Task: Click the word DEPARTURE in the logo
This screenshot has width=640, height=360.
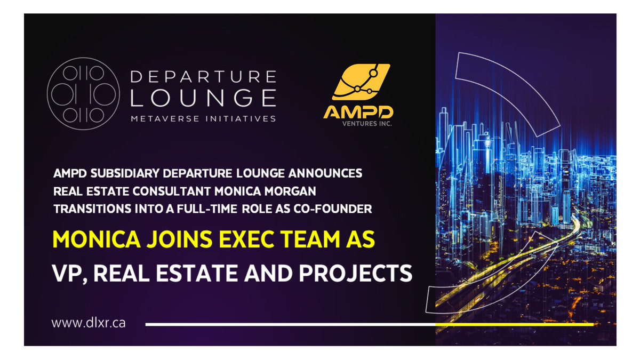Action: [203, 76]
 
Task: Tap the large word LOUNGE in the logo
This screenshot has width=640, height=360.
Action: [203, 98]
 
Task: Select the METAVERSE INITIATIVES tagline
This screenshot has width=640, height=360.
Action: [203, 118]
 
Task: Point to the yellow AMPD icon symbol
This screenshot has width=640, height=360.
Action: [361, 83]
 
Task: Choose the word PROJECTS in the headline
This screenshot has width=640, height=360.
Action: [361, 273]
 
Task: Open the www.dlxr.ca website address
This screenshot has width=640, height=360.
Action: [89, 323]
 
